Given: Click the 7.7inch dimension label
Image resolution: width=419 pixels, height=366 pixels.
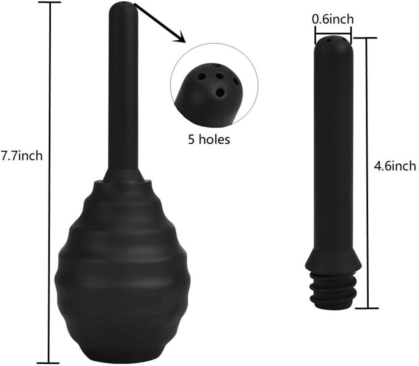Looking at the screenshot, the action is [x=22, y=155].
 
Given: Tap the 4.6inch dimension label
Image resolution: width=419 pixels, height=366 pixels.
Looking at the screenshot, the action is [x=395, y=166].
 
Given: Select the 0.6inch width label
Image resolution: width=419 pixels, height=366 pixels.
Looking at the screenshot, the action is [x=333, y=19].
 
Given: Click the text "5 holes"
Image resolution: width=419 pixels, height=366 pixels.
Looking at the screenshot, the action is [x=209, y=139].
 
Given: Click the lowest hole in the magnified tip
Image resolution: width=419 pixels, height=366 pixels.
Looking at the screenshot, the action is [x=220, y=93].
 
